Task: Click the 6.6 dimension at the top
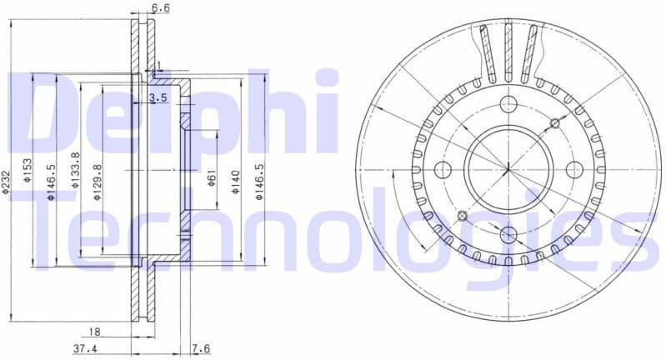point(161,9)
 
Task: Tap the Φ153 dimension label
point(28,171)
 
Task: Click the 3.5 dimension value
point(158,98)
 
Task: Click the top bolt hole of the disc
point(508,104)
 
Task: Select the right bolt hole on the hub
point(573,170)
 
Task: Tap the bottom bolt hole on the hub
point(508,236)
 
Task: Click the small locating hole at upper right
point(555,123)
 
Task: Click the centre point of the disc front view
point(508,170)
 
